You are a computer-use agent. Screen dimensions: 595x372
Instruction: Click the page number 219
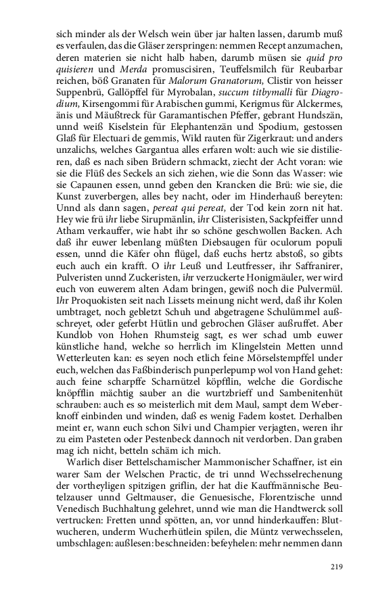337,567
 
